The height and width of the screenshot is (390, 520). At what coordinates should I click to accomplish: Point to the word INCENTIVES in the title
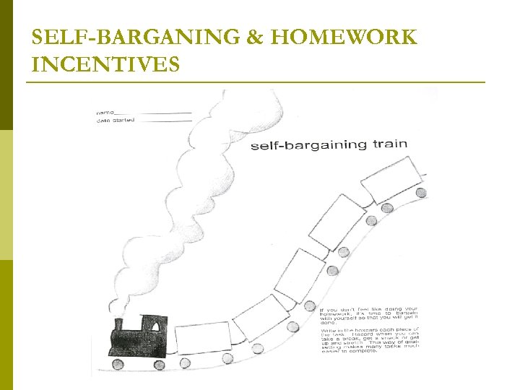[x=105, y=66]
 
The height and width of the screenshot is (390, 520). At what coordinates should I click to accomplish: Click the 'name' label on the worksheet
[x=105, y=113]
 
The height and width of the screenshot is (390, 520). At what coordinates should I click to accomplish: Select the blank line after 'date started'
[x=168, y=121]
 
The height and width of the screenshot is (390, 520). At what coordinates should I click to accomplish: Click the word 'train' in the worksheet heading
[x=390, y=144]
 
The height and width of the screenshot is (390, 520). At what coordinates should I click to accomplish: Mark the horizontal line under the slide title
[x=256, y=82]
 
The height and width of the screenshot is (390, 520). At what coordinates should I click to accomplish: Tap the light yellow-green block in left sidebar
[x=6, y=195]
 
